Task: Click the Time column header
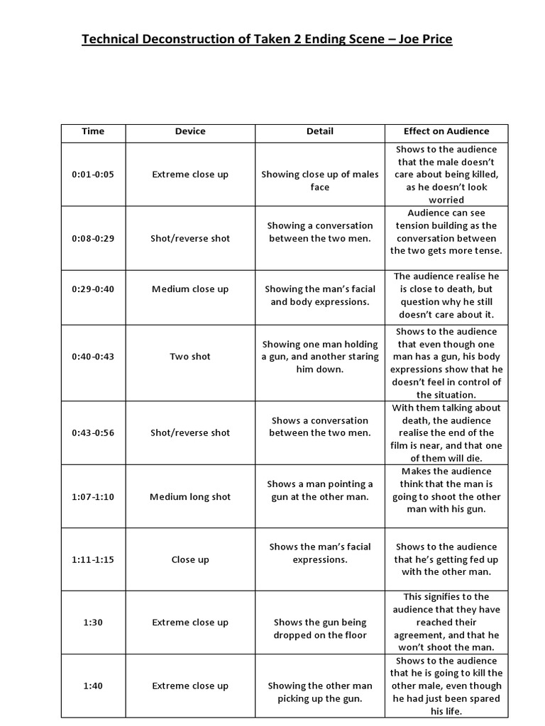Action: point(93,131)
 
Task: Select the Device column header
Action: point(190,131)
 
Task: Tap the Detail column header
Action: point(319,131)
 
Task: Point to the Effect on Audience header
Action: point(446,131)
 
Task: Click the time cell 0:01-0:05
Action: point(93,174)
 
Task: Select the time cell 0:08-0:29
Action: point(93,238)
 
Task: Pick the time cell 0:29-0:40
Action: point(93,289)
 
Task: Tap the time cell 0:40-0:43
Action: point(93,357)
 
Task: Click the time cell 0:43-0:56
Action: point(93,432)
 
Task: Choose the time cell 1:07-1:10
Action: point(93,496)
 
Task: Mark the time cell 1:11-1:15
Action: point(93,559)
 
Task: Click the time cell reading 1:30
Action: point(93,622)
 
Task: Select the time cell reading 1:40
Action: point(93,686)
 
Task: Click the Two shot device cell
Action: point(190,357)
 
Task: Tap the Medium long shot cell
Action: point(190,496)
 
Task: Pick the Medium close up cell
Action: point(190,289)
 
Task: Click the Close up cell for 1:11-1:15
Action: point(190,559)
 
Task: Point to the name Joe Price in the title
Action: point(424,39)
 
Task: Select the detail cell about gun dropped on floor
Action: point(319,629)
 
